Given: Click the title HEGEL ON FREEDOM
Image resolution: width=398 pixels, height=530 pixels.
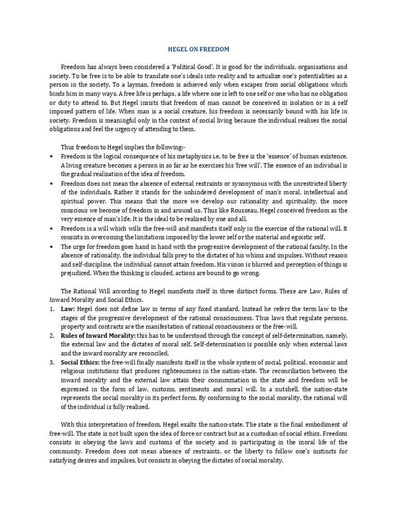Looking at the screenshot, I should click(x=200, y=49).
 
